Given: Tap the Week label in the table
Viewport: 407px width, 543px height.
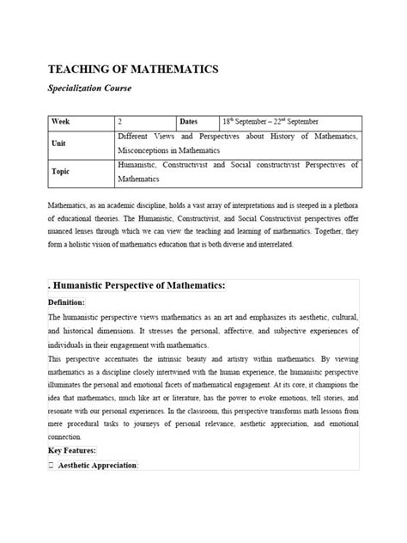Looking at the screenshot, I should point(63,121).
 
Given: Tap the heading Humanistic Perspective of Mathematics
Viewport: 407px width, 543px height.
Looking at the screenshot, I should point(145,285).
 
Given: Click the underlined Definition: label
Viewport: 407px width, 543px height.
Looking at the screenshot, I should point(66,303).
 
